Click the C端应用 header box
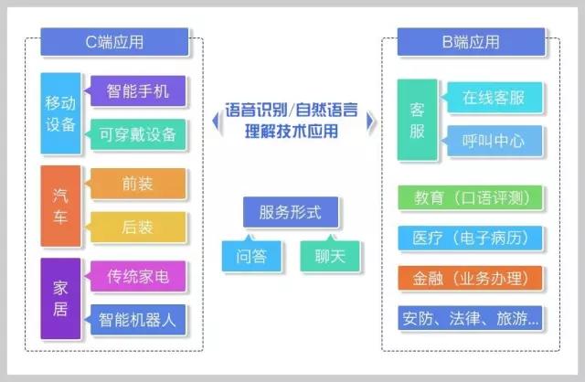(x=114, y=42)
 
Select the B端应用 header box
(x=471, y=42)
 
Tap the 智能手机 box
(x=138, y=91)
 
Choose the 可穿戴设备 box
(x=138, y=134)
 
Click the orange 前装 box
(x=138, y=184)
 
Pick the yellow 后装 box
(x=138, y=227)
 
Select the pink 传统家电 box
(x=138, y=276)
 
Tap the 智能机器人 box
(x=138, y=320)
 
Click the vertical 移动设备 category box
(x=60, y=113)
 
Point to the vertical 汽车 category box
(x=60, y=206)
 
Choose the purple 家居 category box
(x=60, y=299)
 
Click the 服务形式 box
(x=291, y=212)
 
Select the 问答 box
(x=251, y=256)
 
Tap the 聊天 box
(x=330, y=256)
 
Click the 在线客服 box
(x=495, y=98)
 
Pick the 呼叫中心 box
(x=495, y=141)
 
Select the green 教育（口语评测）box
(x=470, y=197)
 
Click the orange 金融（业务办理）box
(x=470, y=278)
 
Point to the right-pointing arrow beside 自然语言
(x=370, y=121)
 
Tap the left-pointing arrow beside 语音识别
(x=216, y=122)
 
